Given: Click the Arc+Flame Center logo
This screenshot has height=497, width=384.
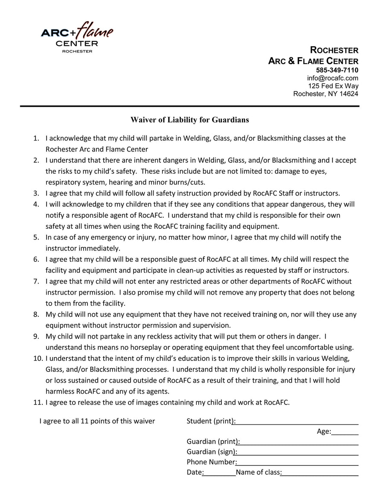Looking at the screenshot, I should point(77,37).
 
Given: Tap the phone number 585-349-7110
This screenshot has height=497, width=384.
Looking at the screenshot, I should point(337,70).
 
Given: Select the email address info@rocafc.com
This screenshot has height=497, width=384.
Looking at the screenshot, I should point(333,78).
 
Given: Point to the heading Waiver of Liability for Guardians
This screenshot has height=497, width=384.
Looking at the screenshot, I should point(189,120).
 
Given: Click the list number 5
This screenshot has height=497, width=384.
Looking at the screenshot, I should point(36,237).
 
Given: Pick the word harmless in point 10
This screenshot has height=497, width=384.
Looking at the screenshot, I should point(59,391).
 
